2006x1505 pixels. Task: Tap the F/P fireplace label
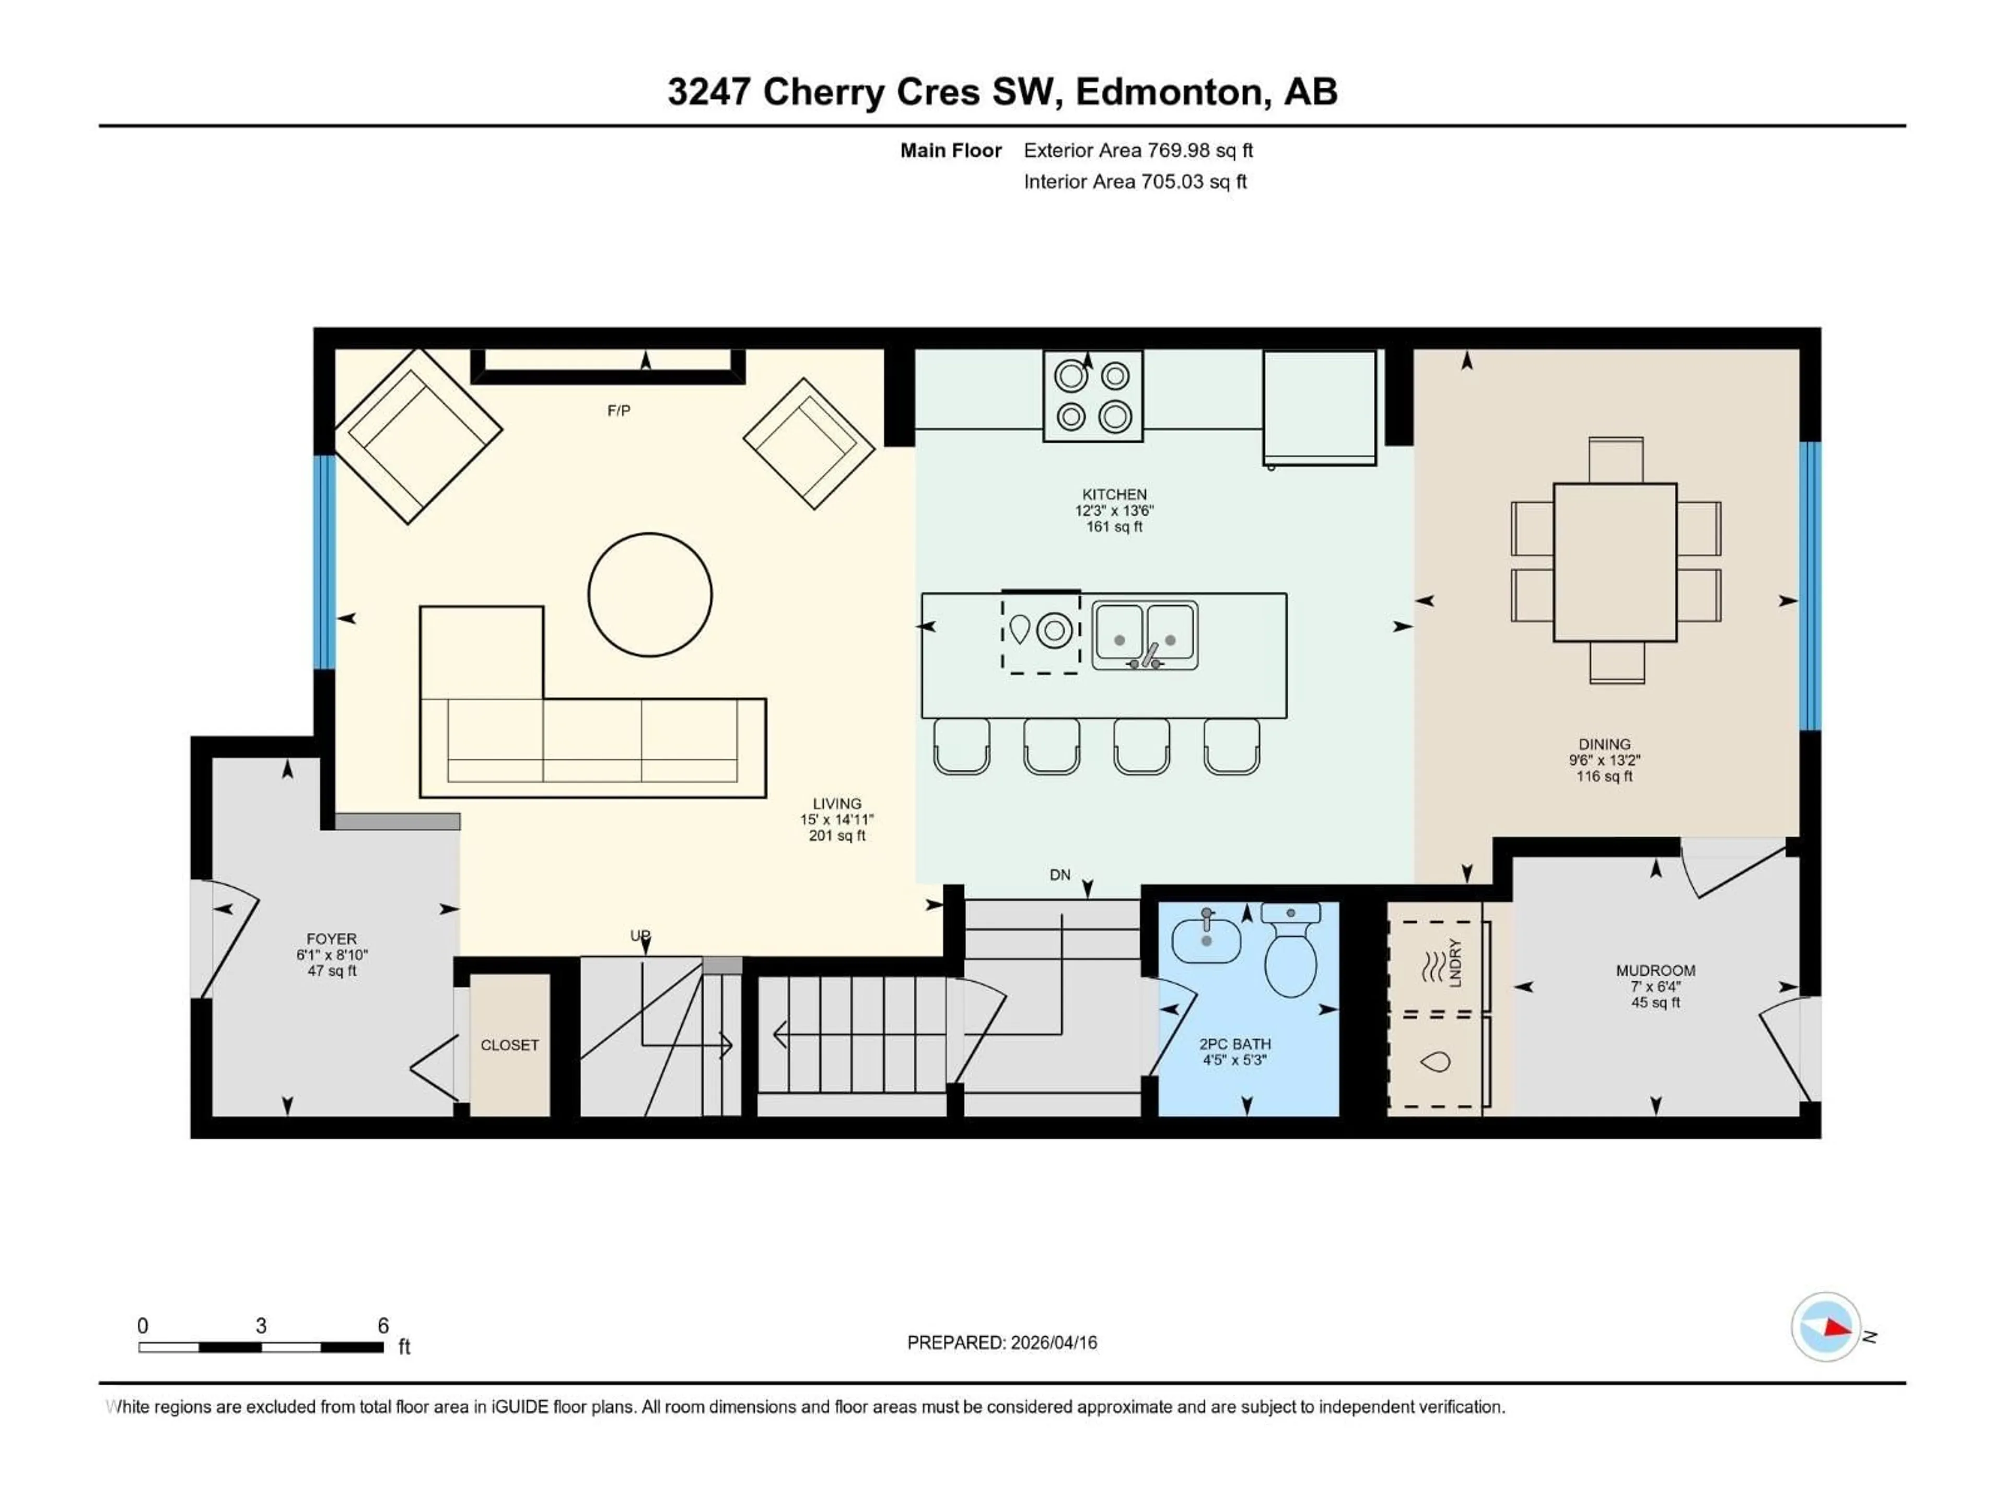(x=619, y=411)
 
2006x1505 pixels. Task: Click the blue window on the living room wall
(x=324, y=562)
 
